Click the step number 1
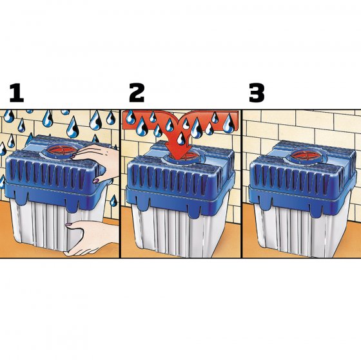coord(17,93)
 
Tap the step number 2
coord(137,93)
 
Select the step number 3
coord(257,93)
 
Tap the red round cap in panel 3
coord(301,155)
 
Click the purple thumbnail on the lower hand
coord(68,224)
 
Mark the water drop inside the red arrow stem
coord(182,138)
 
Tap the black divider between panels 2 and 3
coord(242,184)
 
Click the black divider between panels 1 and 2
coord(120,184)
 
